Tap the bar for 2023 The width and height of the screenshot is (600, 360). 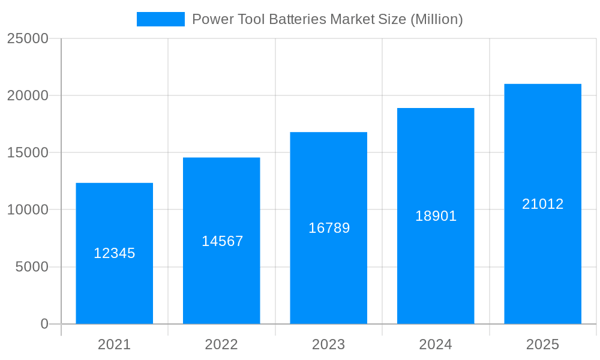(328, 270)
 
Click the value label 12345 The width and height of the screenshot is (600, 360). (114, 253)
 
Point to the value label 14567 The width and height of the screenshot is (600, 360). (222, 241)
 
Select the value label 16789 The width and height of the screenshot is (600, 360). (329, 228)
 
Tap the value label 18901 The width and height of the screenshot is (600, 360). (436, 216)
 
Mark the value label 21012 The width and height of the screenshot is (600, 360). (542, 204)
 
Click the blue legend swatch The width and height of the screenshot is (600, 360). (160, 19)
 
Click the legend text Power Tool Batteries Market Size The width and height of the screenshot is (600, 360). (327, 19)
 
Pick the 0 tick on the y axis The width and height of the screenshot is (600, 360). (44, 324)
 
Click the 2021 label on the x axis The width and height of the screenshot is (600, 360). (114, 344)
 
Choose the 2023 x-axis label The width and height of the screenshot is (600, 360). (328, 344)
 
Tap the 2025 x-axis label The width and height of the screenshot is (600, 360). (542, 344)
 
